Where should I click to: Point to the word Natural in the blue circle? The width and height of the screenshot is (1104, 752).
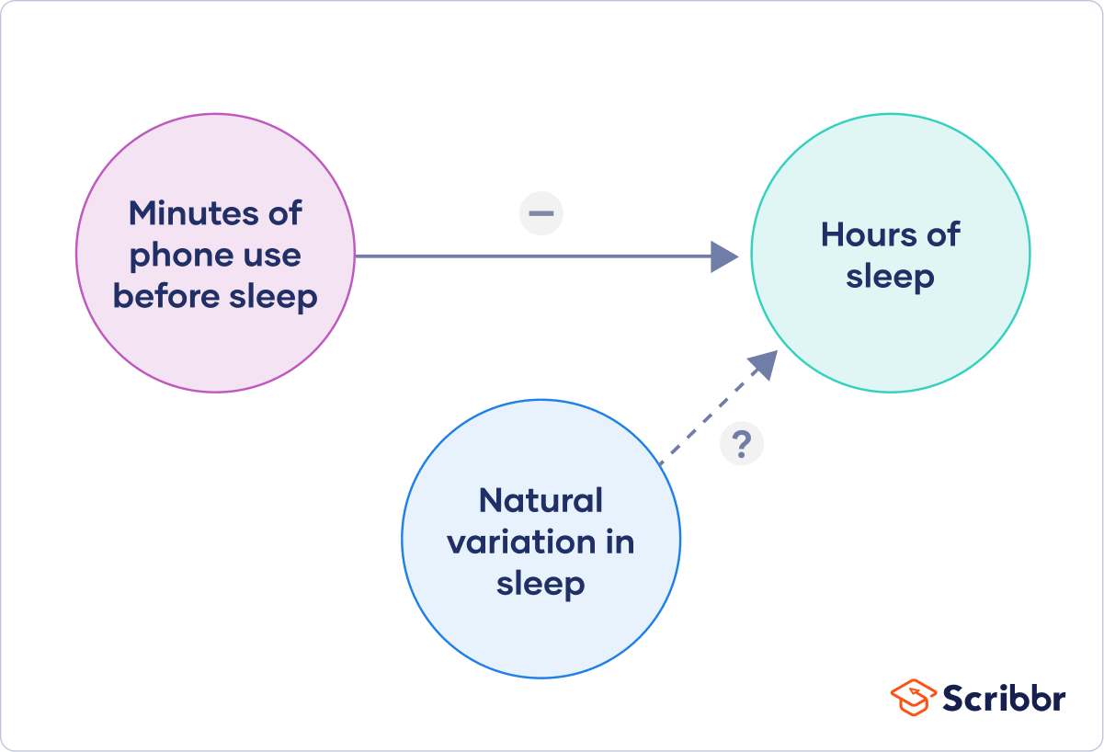tap(541, 501)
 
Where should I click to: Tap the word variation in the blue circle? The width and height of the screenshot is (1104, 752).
tap(518, 542)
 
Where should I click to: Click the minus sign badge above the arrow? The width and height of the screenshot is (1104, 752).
tap(541, 213)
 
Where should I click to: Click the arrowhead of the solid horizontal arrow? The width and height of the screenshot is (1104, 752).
tap(725, 256)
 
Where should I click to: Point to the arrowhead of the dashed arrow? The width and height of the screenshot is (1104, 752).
tap(766, 363)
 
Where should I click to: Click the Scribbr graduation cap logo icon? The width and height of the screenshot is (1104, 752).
tap(913, 697)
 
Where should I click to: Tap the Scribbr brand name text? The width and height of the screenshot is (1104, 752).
tap(1003, 698)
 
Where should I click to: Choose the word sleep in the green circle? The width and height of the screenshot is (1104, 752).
tap(890, 277)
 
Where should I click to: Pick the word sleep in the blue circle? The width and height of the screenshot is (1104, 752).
tap(541, 584)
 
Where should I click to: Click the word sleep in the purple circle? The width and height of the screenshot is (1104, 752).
tap(273, 296)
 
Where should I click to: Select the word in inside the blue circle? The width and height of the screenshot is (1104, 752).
tap(620, 542)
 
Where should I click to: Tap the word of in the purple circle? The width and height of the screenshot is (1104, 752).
tap(281, 213)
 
